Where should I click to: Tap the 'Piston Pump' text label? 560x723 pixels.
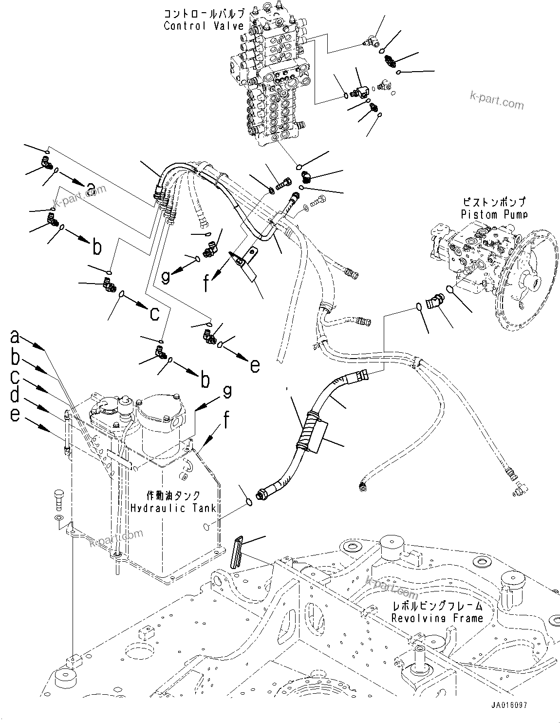pos(494,214)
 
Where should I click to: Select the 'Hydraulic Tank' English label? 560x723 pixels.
pos(173,508)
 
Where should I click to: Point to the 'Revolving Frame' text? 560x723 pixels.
pos(437,618)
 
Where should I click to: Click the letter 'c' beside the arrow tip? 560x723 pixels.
pos(154,314)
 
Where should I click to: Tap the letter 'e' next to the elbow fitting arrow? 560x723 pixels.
pos(255,365)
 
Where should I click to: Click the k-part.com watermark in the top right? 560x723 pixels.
pos(496,101)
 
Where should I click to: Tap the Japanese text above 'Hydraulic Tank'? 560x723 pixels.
pos(173,495)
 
